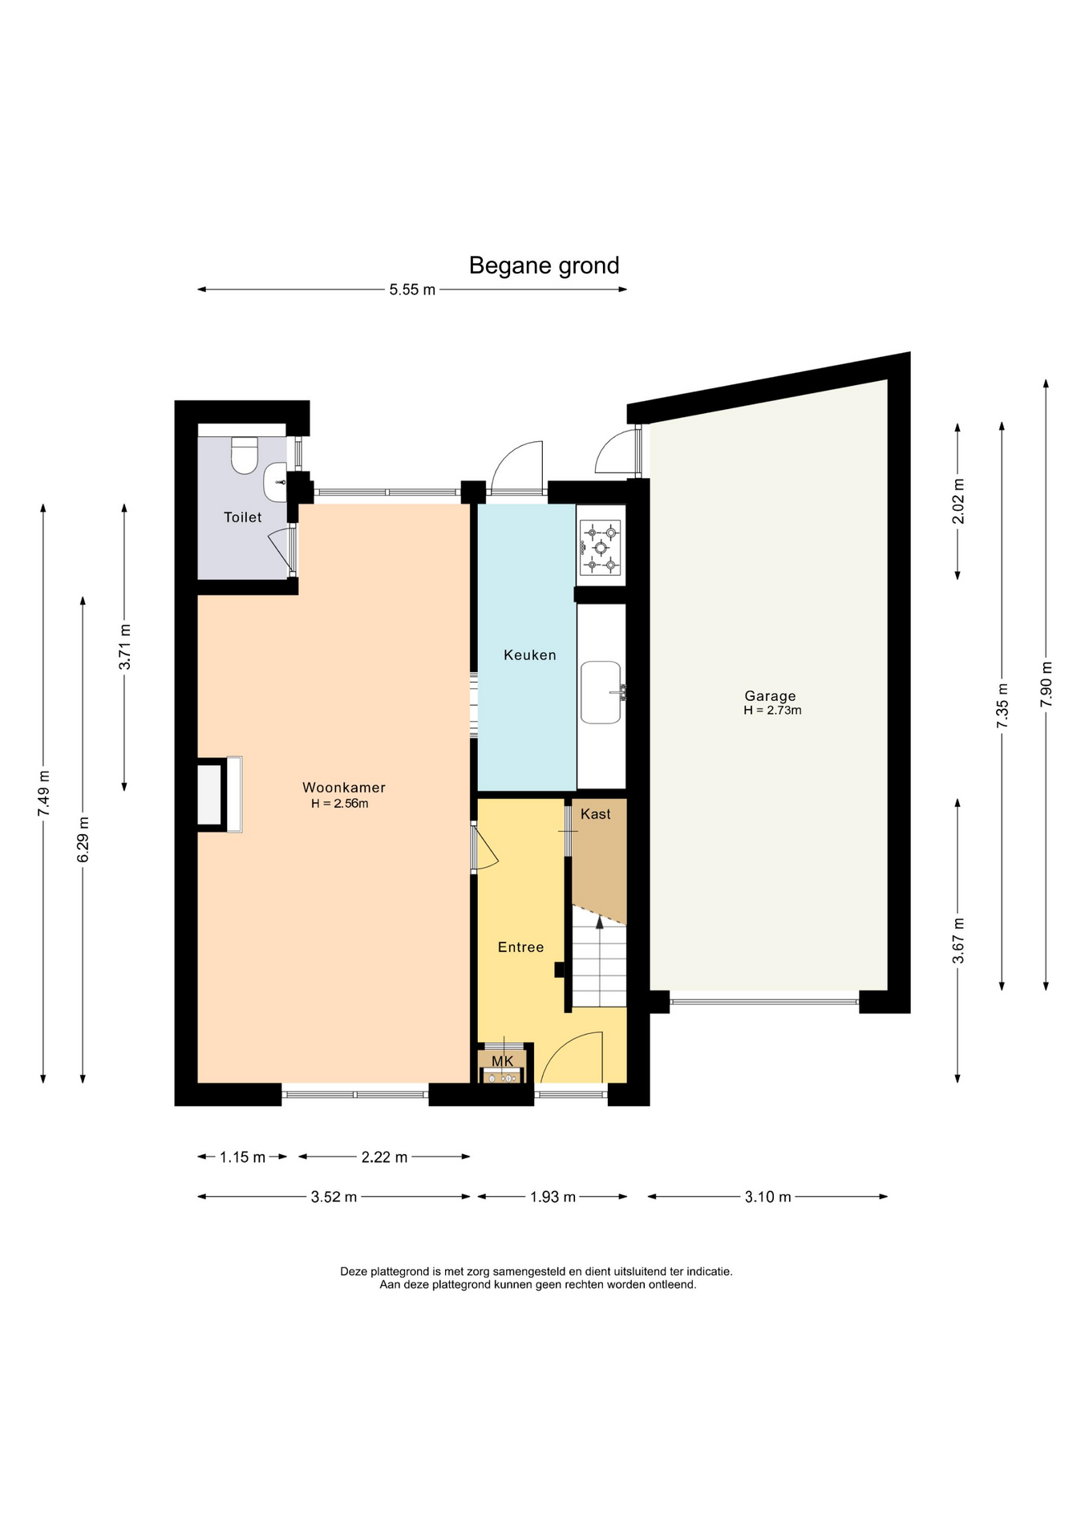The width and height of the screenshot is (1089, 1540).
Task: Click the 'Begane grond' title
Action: pyautogui.click(x=544, y=265)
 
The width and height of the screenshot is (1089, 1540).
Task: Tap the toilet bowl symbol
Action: pyautogui.click(x=245, y=455)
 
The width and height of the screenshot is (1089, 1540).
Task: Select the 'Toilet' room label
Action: pyautogui.click(x=242, y=517)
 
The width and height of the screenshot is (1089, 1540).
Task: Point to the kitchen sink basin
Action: pyautogui.click(x=601, y=692)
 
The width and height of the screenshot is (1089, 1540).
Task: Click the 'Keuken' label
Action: pyautogui.click(x=529, y=655)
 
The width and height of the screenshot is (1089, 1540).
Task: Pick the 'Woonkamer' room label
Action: pyautogui.click(x=343, y=788)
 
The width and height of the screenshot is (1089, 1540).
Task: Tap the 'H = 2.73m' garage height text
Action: pyautogui.click(x=772, y=711)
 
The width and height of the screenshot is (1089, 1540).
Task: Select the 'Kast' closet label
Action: pyautogui.click(x=595, y=814)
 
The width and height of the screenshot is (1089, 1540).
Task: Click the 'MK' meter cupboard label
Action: pyautogui.click(x=502, y=1061)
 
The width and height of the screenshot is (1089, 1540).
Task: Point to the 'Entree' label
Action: pyautogui.click(x=520, y=947)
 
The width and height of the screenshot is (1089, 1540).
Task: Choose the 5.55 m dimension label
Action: pyautogui.click(x=412, y=290)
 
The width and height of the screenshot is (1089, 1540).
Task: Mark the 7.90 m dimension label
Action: pyautogui.click(x=1046, y=684)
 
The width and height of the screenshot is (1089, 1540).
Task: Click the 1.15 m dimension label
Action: pyautogui.click(x=242, y=1157)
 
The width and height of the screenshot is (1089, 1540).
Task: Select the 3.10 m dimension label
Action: pyautogui.click(x=767, y=1197)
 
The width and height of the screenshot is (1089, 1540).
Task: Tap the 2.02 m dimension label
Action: pyautogui.click(x=957, y=500)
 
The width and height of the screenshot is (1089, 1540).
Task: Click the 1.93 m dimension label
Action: pyautogui.click(x=553, y=1197)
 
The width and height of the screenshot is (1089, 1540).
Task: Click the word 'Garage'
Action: pyautogui.click(x=770, y=696)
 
